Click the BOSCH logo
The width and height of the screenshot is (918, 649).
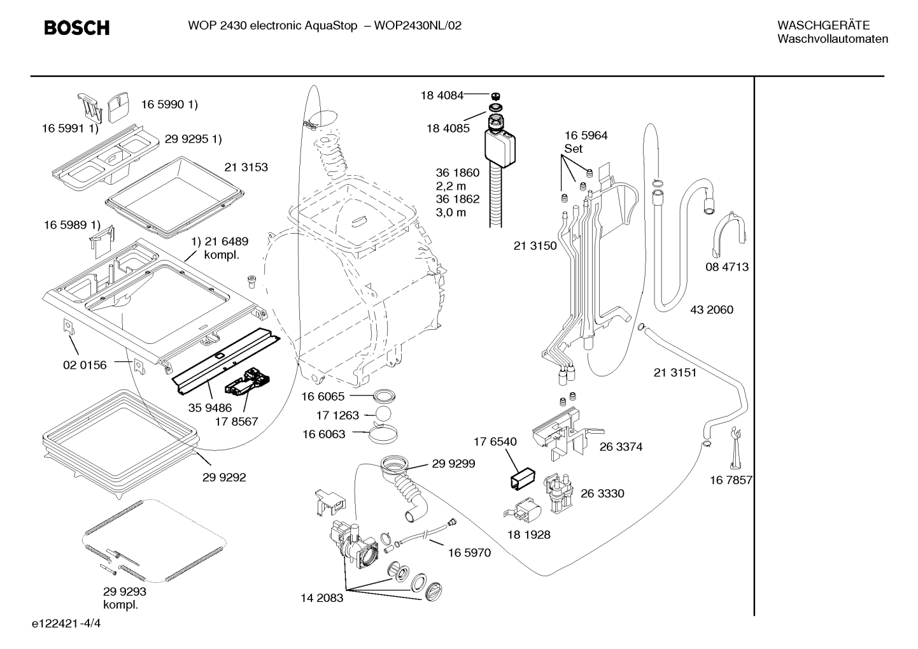tap(76, 28)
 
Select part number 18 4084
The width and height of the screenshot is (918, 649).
tap(442, 96)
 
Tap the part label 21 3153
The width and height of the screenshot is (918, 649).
tap(246, 168)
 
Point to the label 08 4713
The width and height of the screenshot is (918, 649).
tap(727, 267)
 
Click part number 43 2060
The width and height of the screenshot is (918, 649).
tap(712, 310)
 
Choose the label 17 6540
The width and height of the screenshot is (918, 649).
tap(495, 441)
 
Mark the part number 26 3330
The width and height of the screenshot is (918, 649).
tap(602, 493)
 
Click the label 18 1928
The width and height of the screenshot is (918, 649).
tap(529, 534)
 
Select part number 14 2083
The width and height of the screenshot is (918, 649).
tap(322, 598)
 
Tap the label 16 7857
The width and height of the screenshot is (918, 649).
tap(731, 480)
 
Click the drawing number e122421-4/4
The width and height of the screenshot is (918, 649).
tap(66, 624)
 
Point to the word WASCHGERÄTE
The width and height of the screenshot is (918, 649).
tap(824, 25)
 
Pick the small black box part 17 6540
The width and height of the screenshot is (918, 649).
tap(523, 478)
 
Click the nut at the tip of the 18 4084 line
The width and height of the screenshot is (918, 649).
tap(496, 97)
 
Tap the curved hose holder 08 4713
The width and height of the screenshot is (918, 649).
tap(729, 234)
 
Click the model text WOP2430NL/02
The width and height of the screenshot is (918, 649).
tap(418, 26)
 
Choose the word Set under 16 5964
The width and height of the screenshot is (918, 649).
tap(574, 149)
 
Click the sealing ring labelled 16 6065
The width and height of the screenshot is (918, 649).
tap(384, 396)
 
